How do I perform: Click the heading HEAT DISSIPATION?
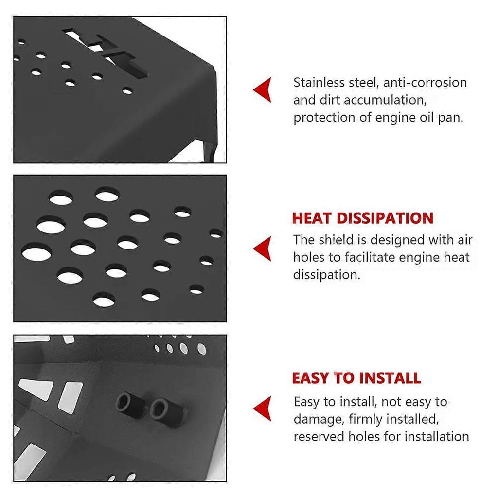tap(363, 218)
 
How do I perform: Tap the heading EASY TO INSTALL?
tap(356, 378)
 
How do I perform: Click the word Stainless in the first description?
tap(319, 83)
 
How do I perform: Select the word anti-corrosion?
tap(425, 83)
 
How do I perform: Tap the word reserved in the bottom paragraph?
tap(319, 437)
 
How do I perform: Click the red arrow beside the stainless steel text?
tap(263, 90)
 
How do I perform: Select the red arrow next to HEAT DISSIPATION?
tap(263, 249)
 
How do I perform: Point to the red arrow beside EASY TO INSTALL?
tap(263, 409)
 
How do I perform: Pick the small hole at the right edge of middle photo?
tap(216, 234)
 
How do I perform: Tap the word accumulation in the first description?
tap(385, 100)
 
